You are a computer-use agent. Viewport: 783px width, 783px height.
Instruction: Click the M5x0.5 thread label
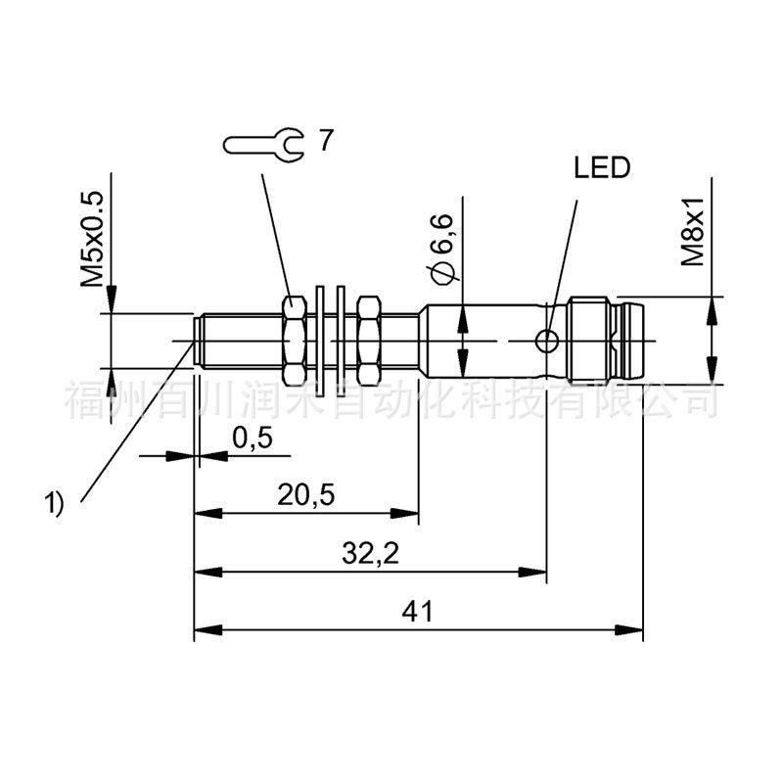92,239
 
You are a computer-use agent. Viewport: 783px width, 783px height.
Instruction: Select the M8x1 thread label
693,231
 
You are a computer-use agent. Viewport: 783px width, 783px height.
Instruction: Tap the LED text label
602,167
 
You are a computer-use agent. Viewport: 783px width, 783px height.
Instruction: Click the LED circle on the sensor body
547,342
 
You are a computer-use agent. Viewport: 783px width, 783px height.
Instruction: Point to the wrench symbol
263,145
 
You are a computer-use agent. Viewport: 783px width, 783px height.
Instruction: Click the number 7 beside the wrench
325,140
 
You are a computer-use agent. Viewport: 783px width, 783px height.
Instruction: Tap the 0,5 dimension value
253,438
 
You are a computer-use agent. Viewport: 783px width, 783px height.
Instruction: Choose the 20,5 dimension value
306,495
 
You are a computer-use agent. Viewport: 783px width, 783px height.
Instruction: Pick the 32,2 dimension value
371,553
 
